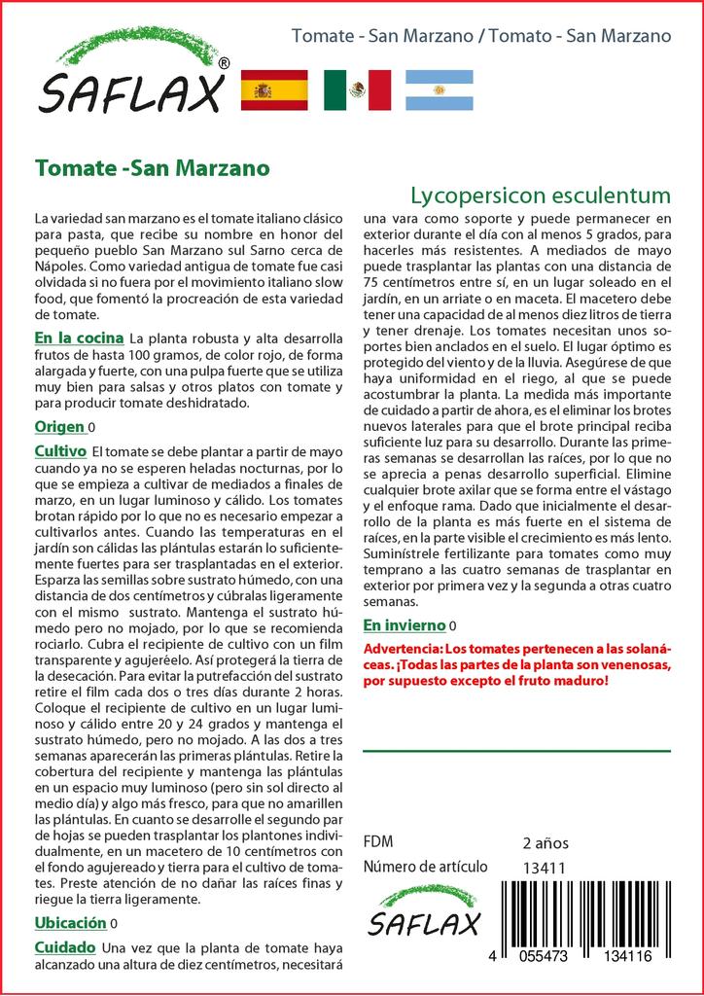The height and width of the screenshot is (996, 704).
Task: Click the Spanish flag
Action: [273, 90]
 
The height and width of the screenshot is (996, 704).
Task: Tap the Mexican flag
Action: [357, 90]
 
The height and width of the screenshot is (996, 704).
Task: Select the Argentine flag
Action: [439, 90]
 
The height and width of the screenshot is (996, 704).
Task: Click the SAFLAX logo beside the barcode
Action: [423, 912]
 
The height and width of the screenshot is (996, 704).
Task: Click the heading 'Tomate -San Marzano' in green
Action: [152, 167]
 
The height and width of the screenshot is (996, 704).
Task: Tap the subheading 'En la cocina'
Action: [79, 338]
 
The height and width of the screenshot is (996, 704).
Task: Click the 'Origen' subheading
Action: [59, 427]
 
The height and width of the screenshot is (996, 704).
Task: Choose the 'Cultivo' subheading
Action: [60, 451]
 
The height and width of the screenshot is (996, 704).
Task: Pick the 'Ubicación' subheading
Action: [70, 923]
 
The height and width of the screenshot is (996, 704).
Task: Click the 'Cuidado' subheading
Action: [64, 947]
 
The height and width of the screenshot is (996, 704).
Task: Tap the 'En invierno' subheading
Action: [405, 624]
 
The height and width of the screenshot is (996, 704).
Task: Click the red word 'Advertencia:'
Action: [402, 648]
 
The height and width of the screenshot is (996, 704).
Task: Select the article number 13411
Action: [544, 868]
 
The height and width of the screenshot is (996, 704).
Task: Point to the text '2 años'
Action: [546, 842]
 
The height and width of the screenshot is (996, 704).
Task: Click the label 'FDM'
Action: [377, 842]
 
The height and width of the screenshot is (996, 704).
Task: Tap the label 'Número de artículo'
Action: [425, 868]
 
